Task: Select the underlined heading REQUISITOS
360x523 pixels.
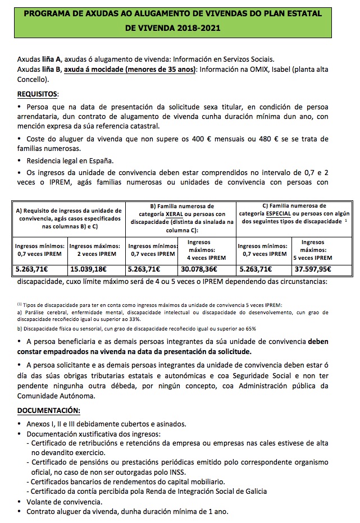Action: tap(38, 94)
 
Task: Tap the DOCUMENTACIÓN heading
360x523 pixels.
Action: tap(48, 410)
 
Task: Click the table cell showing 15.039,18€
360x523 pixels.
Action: tap(95, 268)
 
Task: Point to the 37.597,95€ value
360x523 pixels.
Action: tap(316, 268)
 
